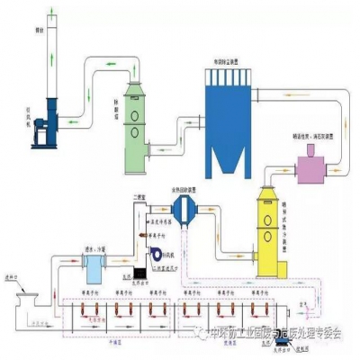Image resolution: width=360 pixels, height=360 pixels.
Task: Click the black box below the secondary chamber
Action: [128, 271]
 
